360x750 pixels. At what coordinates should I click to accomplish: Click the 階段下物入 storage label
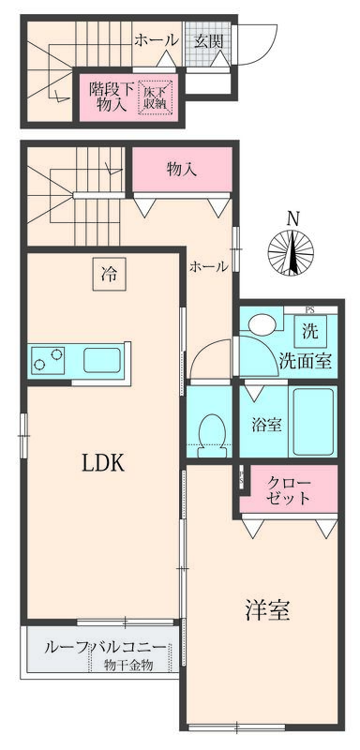(x=110, y=97)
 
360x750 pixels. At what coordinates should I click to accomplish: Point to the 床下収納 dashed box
(x=157, y=97)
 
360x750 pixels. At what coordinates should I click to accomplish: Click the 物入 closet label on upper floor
(x=181, y=170)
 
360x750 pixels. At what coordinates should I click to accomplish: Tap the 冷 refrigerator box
(x=110, y=275)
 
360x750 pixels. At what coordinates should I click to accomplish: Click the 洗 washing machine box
(x=308, y=331)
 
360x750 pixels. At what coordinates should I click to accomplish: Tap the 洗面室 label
(x=303, y=361)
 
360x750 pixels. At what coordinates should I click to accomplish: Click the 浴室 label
(x=266, y=424)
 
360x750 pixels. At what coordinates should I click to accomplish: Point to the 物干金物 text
(x=128, y=666)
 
